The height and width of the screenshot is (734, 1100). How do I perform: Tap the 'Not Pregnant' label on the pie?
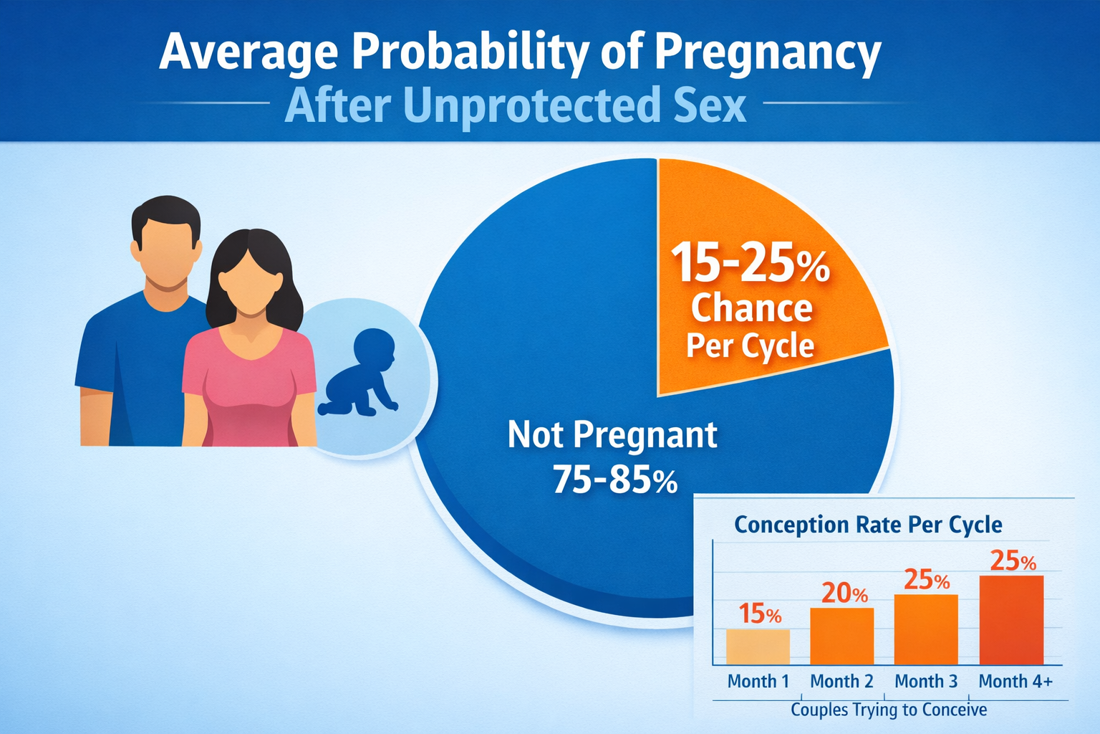(x=612, y=435)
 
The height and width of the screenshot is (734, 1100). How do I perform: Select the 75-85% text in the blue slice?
(x=615, y=480)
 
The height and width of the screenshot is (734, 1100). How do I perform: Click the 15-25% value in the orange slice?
(x=750, y=263)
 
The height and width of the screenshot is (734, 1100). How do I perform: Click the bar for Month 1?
(x=758, y=647)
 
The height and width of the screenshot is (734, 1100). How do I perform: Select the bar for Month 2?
(x=841, y=636)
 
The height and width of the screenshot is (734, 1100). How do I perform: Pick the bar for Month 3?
(x=926, y=629)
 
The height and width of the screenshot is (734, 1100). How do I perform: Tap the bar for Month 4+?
(x=1011, y=620)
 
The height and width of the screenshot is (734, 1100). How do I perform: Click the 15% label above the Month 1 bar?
(x=760, y=614)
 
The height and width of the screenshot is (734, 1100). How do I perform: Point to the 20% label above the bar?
(x=844, y=594)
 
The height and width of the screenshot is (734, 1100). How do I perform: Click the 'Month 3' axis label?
(x=926, y=682)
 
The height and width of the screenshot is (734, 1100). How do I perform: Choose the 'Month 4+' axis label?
(x=1015, y=682)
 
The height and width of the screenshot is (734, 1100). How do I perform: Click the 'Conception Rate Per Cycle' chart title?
(x=868, y=525)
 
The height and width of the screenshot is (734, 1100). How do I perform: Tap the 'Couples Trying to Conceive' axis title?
(x=889, y=710)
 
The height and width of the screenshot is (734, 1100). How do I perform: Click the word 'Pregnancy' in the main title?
(x=767, y=53)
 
